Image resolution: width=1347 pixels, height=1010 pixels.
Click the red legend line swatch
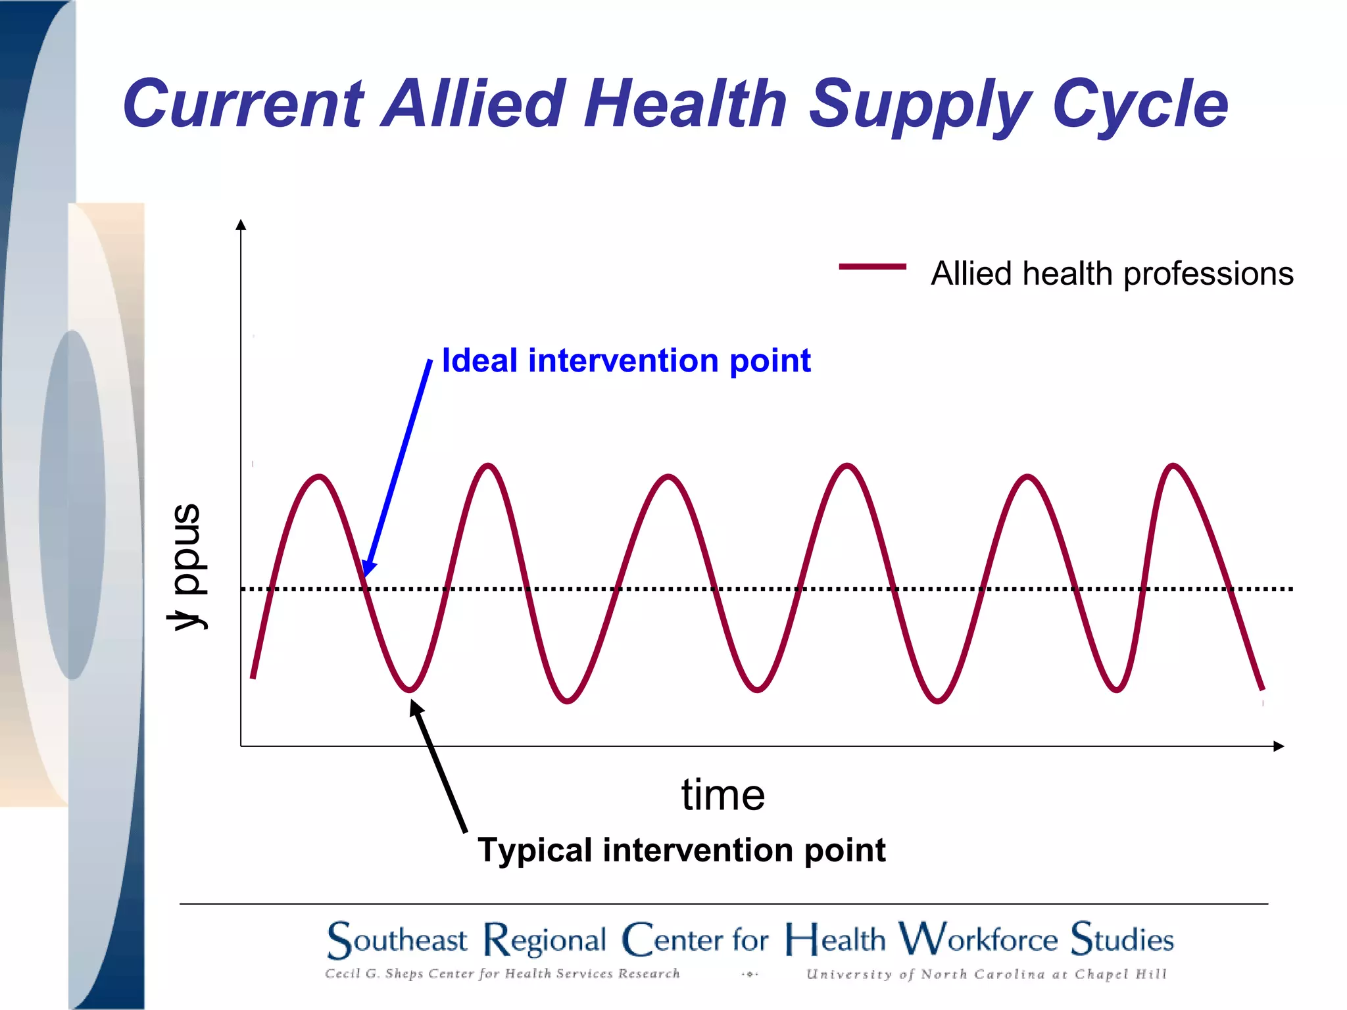click(x=872, y=266)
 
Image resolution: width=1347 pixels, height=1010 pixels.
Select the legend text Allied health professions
click(x=1112, y=274)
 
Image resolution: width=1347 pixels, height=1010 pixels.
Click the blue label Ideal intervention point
click(x=626, y=360)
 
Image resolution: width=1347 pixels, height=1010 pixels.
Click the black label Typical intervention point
click(x=681, y=850)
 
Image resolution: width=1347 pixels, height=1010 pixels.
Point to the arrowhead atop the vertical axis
click(x=241, y=225)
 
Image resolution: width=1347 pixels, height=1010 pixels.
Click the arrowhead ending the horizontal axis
click(x=1279, y=746)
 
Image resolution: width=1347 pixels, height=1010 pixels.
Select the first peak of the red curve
click(x=320, y=476)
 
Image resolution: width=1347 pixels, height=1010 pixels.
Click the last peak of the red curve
click(x=1173, y=466)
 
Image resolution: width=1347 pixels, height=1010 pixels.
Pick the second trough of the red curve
click(x=567, y=701)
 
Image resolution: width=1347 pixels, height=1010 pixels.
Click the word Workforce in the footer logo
click(x=978, y=938)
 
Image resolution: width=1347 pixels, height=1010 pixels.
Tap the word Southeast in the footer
click(x=397, y=940)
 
